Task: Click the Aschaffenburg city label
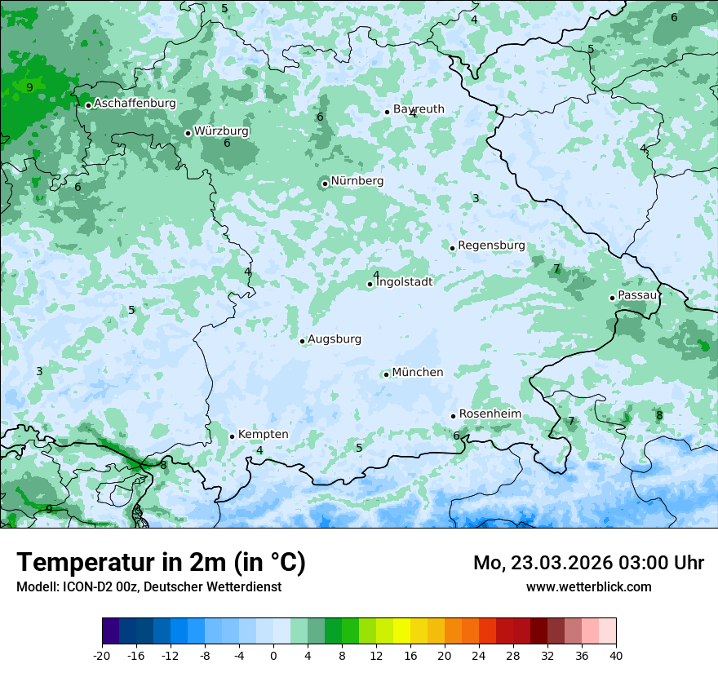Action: tap(135, 104)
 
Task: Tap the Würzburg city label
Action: tap(221, 131)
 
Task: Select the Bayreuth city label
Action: tap(419, 109)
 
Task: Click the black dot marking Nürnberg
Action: tap(325, 184)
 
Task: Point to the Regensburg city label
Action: tap(491, 246)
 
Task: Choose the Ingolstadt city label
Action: tap(404, 282)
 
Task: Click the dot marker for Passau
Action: tap(612, 298)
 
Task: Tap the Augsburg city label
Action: tap(335, 339)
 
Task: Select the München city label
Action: tap(418, 373)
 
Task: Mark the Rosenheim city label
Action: tap(490, 414)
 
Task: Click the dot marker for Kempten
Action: tap(232, 436)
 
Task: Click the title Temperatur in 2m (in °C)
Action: tap(161, 563)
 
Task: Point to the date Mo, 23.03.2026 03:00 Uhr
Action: tap(588, 563)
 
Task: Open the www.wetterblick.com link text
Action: tap(588, 586)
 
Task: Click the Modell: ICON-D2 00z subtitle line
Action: tap(148, 586)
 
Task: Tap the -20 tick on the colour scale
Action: tap(102, 655)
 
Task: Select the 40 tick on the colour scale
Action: tap(615, 655)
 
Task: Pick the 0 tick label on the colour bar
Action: tap(273, 655)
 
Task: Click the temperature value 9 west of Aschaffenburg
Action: tap(29, 87)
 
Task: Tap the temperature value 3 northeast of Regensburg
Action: tap(476, 198)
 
